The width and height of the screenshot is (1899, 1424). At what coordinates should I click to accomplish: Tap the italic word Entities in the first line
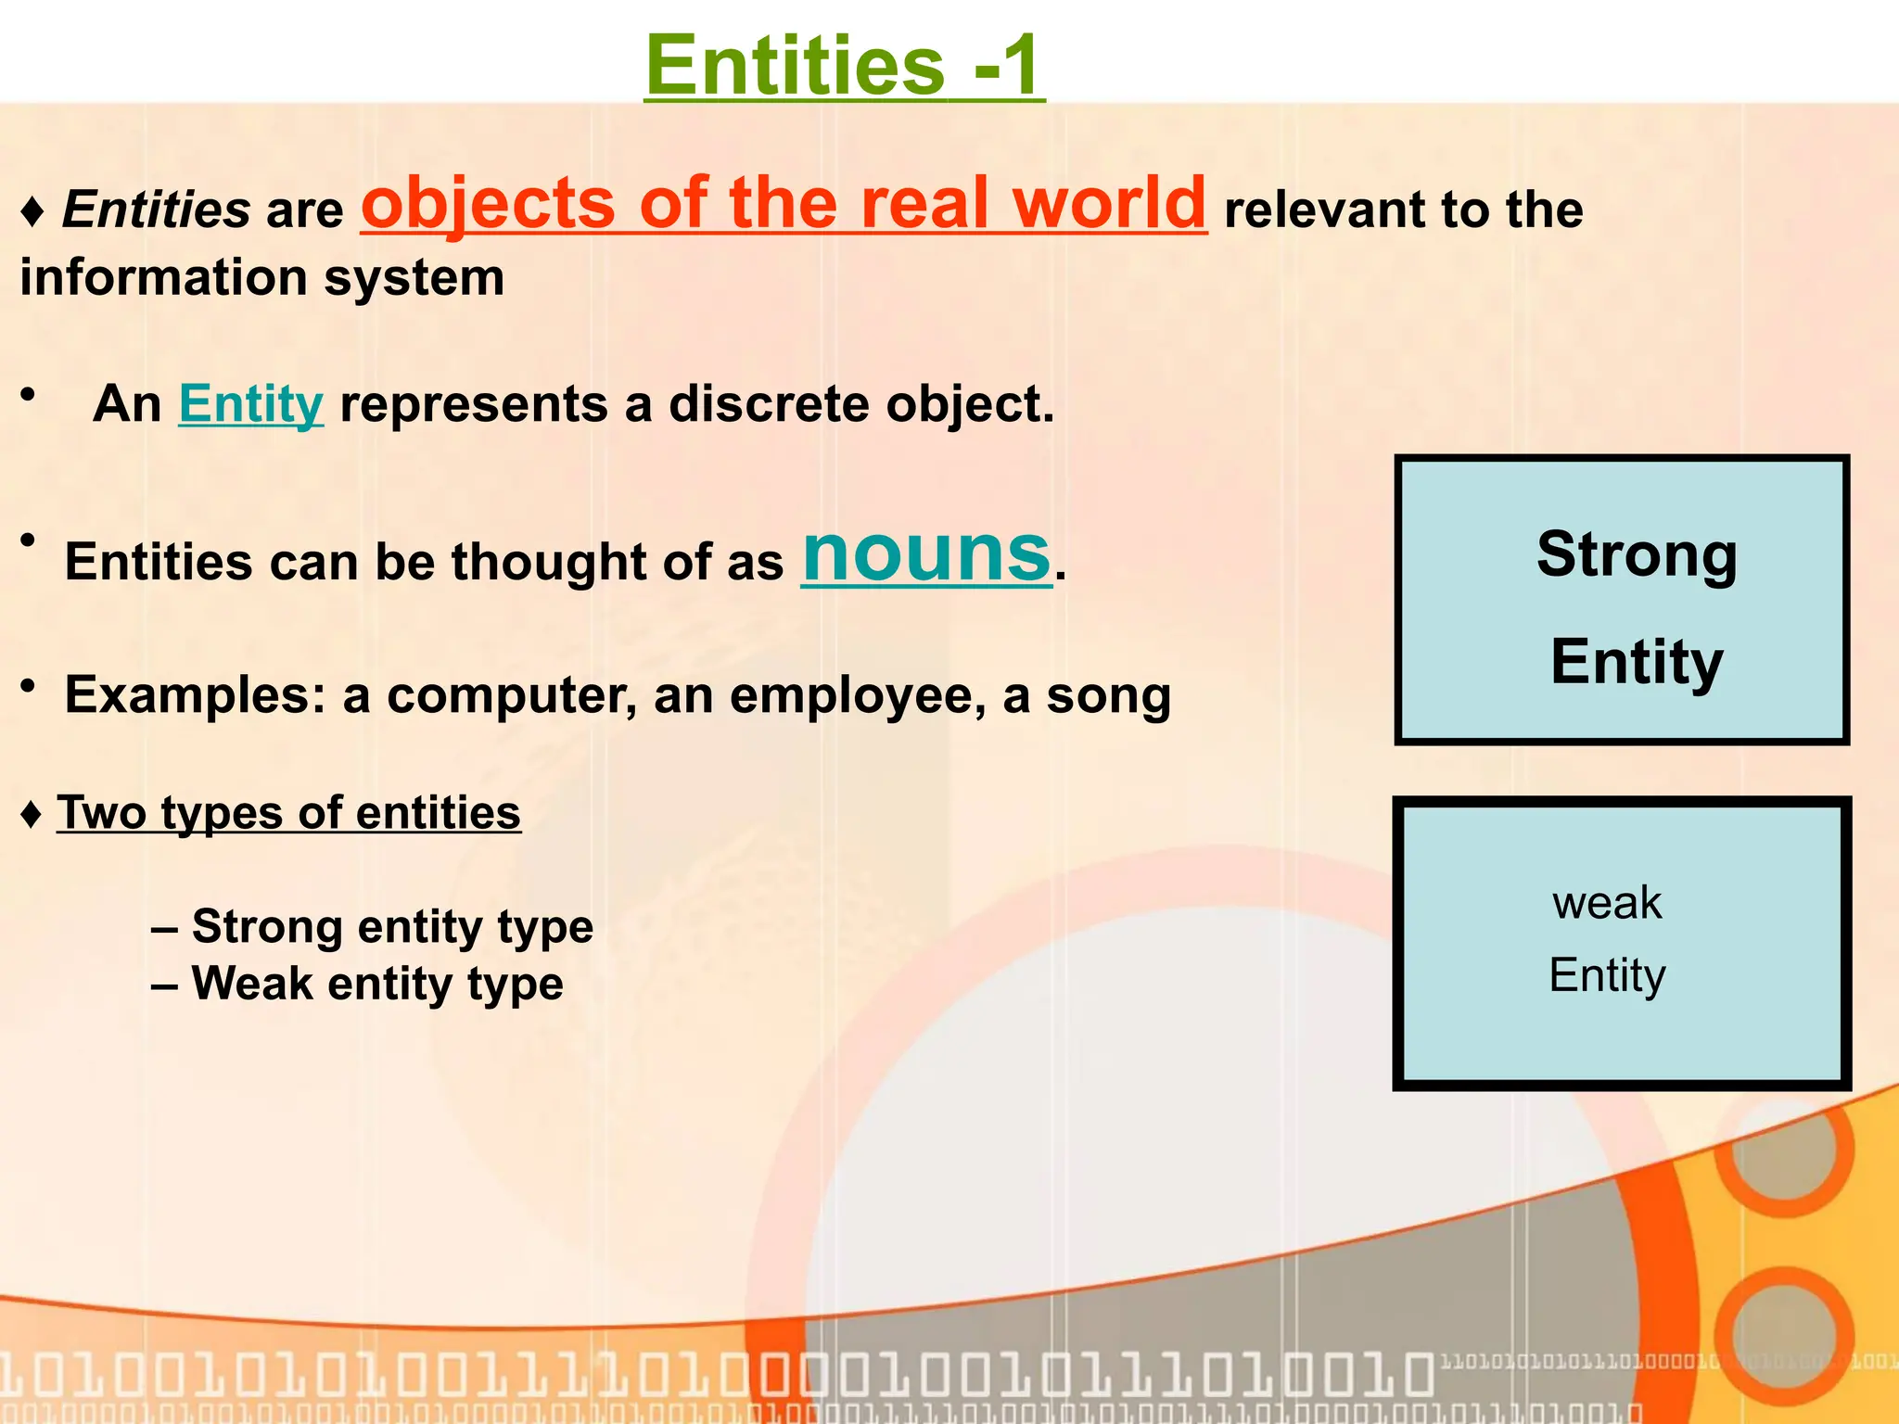coord(156,210)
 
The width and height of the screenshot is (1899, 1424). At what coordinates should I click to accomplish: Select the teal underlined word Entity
coord(250,405)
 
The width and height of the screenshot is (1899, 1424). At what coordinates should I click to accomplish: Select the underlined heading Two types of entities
coord(288,813)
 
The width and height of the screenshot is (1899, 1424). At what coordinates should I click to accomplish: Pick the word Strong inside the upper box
coord(1637,554)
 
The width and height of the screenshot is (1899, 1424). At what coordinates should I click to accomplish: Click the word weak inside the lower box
coord(1607,903)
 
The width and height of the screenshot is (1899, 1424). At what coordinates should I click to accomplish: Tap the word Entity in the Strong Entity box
coord(1637,662)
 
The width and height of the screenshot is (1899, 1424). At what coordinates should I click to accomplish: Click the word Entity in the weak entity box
coord(1607,975)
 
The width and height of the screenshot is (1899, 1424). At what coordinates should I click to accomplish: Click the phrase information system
coord(262,278)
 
